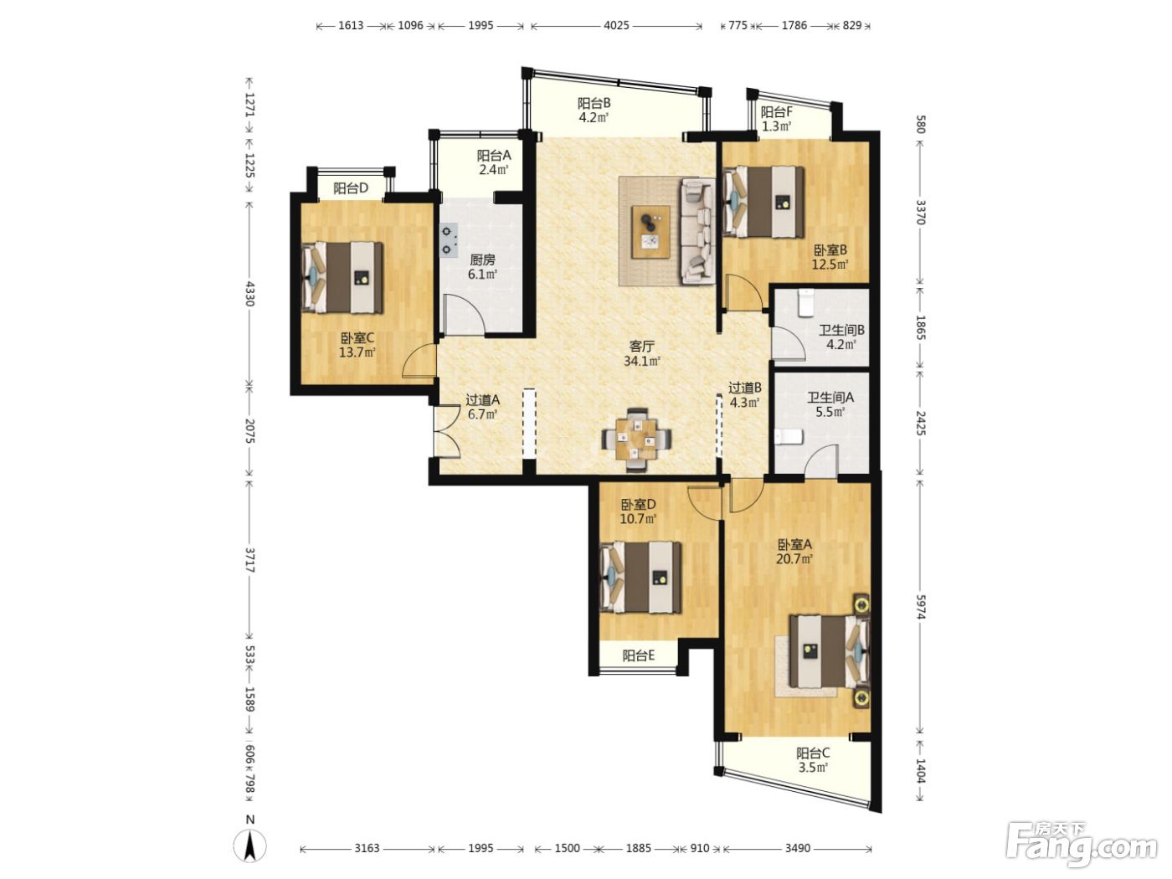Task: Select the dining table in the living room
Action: point(636,439)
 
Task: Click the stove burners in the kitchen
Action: point(449,239)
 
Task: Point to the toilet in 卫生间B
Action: point(804,302)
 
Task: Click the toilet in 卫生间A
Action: point(788,437)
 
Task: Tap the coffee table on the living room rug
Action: point(650,232)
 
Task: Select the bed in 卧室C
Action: point(342,278)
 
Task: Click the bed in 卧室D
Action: point(640,578)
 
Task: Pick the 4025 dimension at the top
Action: point(616,25)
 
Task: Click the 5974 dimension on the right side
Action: point(920,606)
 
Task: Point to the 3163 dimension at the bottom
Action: point(367,848)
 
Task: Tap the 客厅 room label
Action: point(642,346)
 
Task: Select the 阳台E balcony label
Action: point(638,656)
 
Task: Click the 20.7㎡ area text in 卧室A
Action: point(794,559)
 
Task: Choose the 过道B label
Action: point(745,388)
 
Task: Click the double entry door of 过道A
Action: point(446,431)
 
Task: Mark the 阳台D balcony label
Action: point(351,188)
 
